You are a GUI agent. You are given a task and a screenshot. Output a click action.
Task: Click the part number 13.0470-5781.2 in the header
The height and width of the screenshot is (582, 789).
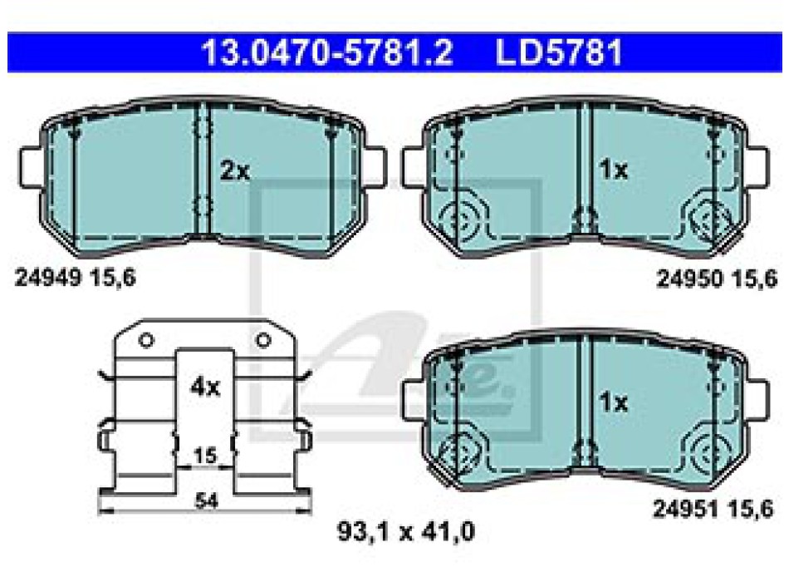[x=327, y=52]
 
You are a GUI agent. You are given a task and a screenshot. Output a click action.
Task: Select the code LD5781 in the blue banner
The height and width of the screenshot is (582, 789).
[x=560, y=52]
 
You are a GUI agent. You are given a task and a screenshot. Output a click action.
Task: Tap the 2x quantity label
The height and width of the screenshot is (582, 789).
[x=234, y=171]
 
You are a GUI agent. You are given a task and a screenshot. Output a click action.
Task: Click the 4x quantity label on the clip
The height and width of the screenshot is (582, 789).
[x=205, y=387]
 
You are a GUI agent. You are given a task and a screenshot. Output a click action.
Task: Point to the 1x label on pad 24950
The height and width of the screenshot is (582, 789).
[x=614, y=170]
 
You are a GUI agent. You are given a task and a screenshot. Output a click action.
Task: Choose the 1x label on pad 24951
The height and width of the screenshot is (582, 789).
[x=614, y=402]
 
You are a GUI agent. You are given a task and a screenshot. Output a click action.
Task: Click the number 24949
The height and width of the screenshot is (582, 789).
[x=48, y=277]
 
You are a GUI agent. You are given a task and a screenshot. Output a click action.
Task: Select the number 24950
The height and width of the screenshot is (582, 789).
[x=690, y=279]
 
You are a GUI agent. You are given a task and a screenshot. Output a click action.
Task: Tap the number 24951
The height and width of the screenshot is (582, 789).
[x=686, y=509]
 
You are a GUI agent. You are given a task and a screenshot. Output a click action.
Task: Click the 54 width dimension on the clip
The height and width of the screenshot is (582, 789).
[x=206, y=501]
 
